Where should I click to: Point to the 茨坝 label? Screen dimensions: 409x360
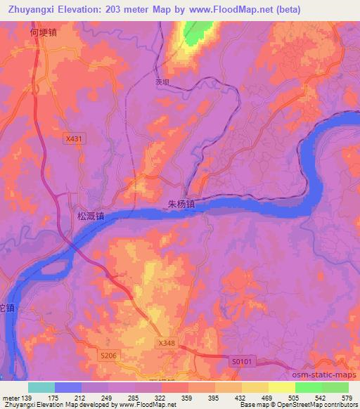click(x=163, y=81)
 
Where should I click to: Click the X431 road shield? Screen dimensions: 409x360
click(x=73, y=139)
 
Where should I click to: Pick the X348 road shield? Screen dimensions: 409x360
click(x=166, y=342)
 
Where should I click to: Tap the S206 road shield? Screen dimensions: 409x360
click(x=108, y=356)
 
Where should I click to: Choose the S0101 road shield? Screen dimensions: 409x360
click(x=240, y=361)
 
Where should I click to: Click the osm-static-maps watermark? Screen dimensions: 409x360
click(x=321, y=373)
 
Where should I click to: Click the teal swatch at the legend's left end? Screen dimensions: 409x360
click(x=41, y=387)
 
